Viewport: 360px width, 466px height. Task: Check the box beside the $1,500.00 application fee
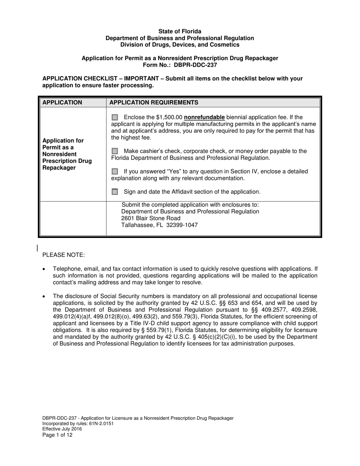(x=115, y=117)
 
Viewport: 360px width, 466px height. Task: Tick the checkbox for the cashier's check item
(x=115, y=151)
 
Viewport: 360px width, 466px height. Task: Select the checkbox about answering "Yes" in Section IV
(x=115, y=172)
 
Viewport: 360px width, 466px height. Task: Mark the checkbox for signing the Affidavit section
(x=115, y=192)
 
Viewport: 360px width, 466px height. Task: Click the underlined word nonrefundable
(x=204, y=117)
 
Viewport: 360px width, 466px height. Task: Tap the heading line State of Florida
(x=180, y=31)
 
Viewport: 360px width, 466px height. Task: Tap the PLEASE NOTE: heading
(x=64, y=255)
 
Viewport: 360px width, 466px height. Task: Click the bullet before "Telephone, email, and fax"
(x=44, y=269)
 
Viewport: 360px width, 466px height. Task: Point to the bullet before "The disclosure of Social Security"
(x=44, y=296)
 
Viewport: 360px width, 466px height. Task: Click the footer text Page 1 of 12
(x=57, y=435)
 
